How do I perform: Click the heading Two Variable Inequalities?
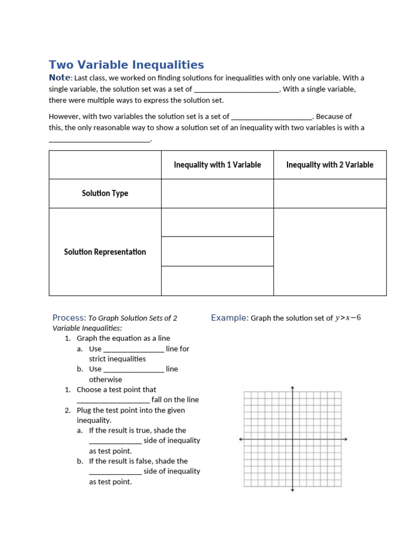pos(126,65)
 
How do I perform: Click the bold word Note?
pos(59,78)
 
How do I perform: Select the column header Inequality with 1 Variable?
pos(217,165)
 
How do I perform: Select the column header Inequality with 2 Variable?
pos(330,165)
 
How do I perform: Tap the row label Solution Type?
pos(105,193)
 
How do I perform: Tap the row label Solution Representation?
pos(105,252)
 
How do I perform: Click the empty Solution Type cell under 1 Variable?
pos(217,193)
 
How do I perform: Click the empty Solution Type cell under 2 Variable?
pos(330,193)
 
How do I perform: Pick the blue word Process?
pos(69,318)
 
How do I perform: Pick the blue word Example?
pos(229,318)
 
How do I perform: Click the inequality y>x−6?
pos(348,318)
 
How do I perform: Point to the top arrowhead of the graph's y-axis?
pos(292,388)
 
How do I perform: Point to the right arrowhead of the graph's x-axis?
pos(345,439)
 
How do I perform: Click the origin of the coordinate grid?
pos(292,439)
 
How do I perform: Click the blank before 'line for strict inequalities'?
pos(133,349)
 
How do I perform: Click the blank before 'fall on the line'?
pos(113,400)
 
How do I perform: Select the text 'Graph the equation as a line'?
pos(123,338)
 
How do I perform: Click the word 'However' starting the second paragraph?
pos(64,116)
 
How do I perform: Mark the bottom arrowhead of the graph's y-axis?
pos(292,490)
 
